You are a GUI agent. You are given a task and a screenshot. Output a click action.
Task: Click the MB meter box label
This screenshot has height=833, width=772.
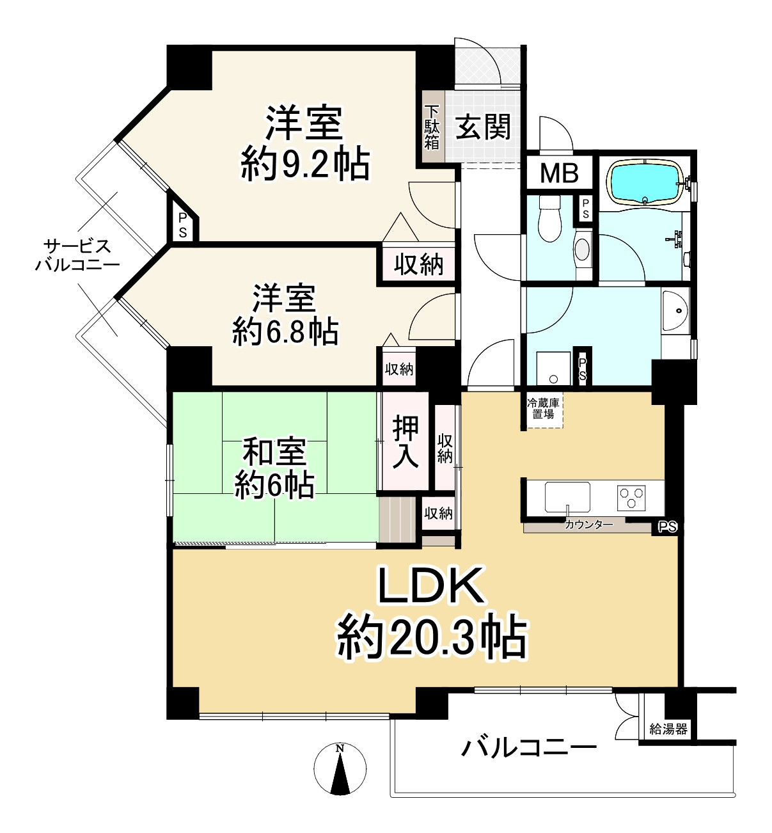coord(559,173)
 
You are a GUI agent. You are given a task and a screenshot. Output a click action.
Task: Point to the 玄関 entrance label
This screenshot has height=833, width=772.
coord(483,127)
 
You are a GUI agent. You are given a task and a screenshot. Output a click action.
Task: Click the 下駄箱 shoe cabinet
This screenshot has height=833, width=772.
coord(432,127)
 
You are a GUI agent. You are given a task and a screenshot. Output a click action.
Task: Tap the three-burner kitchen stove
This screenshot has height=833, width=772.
coord(631,498)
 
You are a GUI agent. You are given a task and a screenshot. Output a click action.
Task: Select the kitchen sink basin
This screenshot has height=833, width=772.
coord(567,497)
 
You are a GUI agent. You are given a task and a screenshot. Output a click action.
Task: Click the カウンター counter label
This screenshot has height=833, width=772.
coord(588,524)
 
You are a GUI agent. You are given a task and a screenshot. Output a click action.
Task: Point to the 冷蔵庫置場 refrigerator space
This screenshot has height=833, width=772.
coord(543,409)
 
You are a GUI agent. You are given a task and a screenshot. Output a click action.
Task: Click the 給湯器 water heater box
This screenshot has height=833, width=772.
coord(668,729)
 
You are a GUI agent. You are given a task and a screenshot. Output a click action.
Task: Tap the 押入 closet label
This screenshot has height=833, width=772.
coord(405,442)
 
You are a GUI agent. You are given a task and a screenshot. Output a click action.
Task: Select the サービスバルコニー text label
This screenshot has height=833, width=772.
coord(77,255)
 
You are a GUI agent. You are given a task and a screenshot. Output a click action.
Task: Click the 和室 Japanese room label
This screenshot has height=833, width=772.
coord(274,451)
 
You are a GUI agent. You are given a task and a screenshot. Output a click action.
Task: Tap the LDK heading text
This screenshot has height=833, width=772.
coord(432,585)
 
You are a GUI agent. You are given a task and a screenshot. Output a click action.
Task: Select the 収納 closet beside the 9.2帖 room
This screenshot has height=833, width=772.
coord(418,265)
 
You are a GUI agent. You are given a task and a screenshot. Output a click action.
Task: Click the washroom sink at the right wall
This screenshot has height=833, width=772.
coord(675,311)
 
